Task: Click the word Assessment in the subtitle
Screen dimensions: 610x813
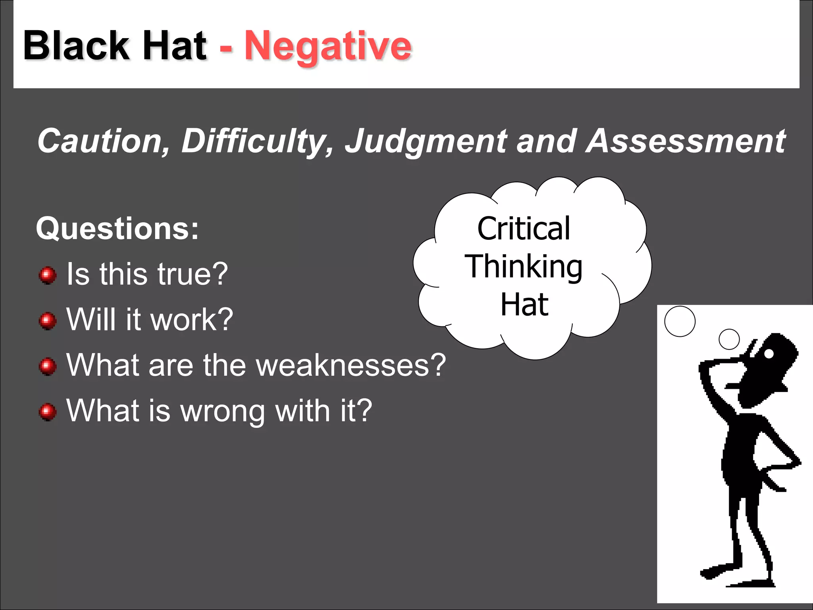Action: [686, 141]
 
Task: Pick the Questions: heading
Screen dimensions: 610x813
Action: [117, 229]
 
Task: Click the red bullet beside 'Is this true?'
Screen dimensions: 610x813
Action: [48, 275]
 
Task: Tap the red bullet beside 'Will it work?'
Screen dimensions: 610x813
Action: [48, 320]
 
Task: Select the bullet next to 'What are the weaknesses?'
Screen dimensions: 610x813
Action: [48, 366]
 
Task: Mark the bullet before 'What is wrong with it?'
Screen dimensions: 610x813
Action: [48, 411]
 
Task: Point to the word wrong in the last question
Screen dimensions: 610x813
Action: [223, 411]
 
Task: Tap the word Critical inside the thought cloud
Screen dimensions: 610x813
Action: [524, 229]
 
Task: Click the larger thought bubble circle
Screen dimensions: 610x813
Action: [680, 321]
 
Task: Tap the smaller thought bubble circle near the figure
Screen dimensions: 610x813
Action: [729, 339]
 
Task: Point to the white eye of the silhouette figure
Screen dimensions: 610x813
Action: [769, 353]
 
